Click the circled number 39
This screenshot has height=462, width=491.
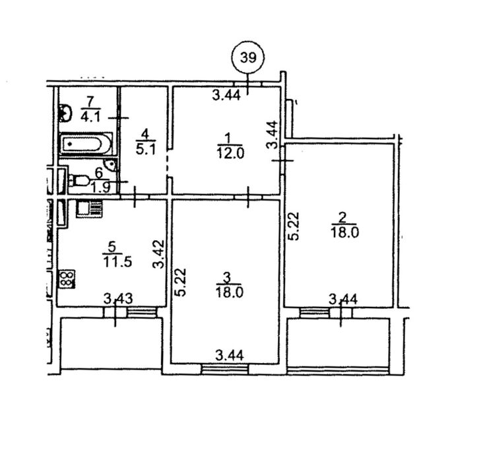click(248, 57)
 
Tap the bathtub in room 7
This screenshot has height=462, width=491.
click(86, 144)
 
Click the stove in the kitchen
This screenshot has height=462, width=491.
click(66, 279)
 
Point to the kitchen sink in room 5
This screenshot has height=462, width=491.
click(89, 209)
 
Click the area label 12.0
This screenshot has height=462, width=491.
click(230, 154)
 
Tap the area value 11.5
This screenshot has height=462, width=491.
click(117, 261)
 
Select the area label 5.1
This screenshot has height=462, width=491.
click(146, 149)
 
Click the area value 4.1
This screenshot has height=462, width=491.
click(90, 117)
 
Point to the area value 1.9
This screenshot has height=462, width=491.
click(101, 188)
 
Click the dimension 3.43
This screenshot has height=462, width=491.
click(118, 298)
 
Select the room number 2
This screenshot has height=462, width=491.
click(343, 217)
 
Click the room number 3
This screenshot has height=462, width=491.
click(228, 277)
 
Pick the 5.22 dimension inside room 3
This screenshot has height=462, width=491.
click(181, 282)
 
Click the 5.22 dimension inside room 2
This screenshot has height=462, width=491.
click(294, 226)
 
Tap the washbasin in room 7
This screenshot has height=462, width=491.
click(65, 113)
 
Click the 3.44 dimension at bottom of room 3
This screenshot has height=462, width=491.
click(230, 356)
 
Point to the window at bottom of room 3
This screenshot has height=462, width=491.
click(225, 370)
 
